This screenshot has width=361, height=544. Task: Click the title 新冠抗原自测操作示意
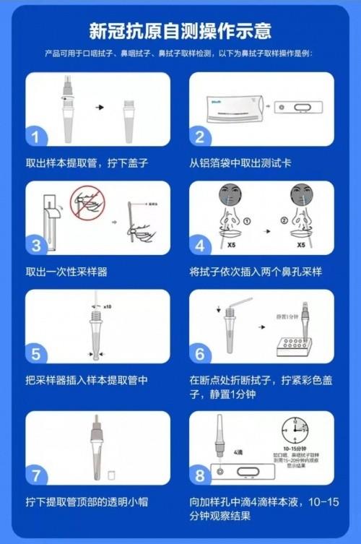click(x=180, y=30)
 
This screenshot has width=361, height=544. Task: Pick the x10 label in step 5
click(x=108, y=306)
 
